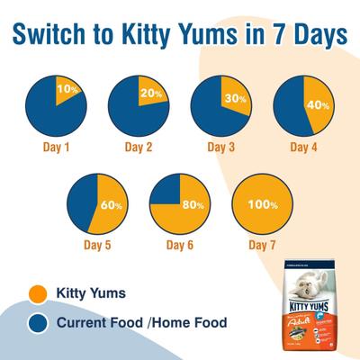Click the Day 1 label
(57, 145)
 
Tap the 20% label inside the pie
(149, 93)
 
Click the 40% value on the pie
(318, 103)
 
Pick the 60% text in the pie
(111, 205)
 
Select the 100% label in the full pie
(262, 205)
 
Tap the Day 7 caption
(262, 244)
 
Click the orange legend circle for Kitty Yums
(38, 292)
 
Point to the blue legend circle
(38, 323)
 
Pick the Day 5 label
(97, 244)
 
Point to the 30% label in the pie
(235, 99)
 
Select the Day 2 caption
(139, 145)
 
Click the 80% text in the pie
(192, 205)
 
